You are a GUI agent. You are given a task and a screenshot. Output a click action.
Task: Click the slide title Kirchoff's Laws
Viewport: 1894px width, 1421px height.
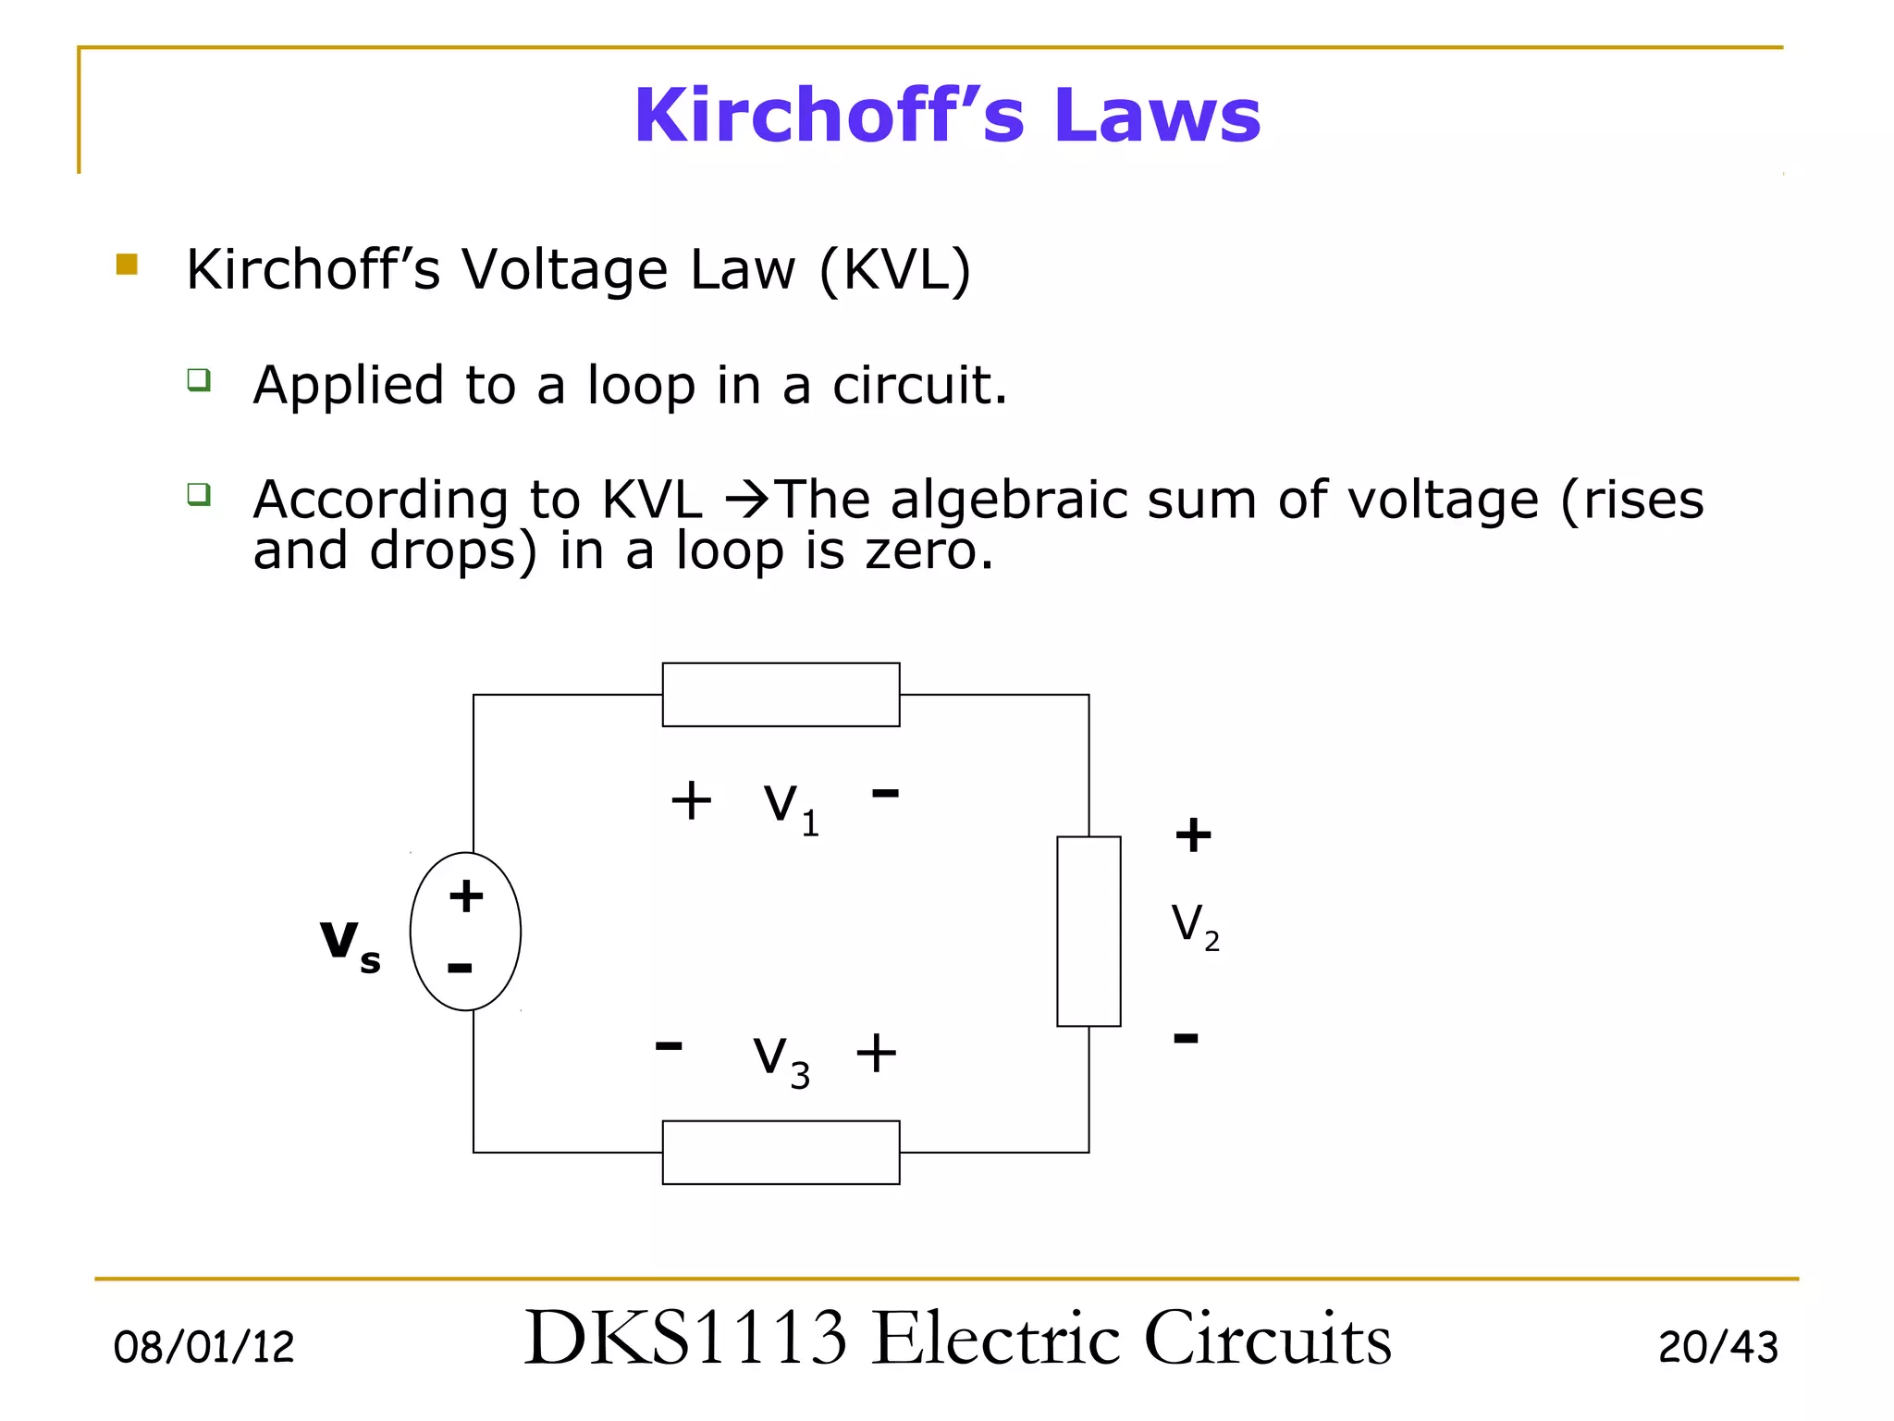coord(947,115)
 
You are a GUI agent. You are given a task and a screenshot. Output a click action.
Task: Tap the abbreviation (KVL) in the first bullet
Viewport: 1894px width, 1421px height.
coord(895,270)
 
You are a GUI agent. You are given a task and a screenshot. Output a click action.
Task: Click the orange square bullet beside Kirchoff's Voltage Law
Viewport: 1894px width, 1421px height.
coord(127,266)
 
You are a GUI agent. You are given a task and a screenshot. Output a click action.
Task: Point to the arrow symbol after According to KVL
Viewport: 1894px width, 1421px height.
coord(747,500)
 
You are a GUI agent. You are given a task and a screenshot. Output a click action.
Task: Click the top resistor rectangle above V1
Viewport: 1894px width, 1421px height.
coord(781,695)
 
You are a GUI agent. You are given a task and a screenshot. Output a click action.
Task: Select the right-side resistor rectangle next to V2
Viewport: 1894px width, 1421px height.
coord(1088,931)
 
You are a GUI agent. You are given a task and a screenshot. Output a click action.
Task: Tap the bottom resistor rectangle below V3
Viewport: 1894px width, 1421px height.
coord(781,1152)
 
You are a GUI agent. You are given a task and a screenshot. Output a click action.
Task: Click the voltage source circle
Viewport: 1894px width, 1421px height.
coord(466,932)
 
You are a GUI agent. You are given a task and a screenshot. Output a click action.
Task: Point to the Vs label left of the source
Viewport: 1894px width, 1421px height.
coord(350,944)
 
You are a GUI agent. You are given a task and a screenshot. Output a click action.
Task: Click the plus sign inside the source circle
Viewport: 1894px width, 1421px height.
coord(466,896)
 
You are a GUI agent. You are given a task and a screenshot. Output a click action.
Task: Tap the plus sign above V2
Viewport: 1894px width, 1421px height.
coord(1193,834)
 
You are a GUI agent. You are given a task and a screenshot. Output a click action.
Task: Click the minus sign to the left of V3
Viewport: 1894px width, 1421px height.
coord(669,1046)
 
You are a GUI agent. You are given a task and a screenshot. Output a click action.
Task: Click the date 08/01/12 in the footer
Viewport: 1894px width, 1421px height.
coord(203,1347)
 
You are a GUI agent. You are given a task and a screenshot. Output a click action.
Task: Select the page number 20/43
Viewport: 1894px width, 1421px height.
coord(1717,1347)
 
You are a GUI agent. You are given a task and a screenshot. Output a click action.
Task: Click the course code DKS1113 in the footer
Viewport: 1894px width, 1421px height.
coord(685,1339)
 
